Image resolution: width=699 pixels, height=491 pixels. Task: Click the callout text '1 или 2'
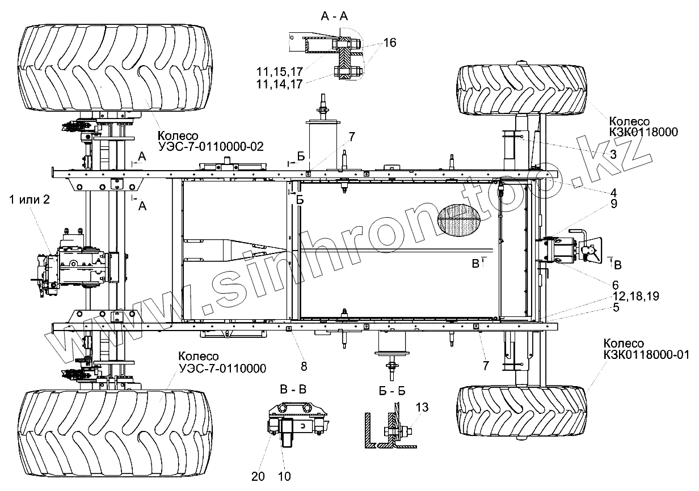(30, 200)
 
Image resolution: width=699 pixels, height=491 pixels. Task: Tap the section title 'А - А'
(334, 16)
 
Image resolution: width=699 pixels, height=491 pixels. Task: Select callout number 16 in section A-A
(389, 43)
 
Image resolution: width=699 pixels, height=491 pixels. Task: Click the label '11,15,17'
(279, 71)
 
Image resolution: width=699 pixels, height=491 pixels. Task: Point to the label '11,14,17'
(279, 84)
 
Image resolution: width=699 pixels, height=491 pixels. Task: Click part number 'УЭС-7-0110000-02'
(211, 146)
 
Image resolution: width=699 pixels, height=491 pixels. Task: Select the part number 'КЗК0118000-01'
(647, 354)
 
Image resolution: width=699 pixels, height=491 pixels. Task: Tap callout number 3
(613, 154)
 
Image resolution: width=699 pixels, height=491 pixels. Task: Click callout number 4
(613, 193)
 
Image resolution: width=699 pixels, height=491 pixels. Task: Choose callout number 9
(614, 204)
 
